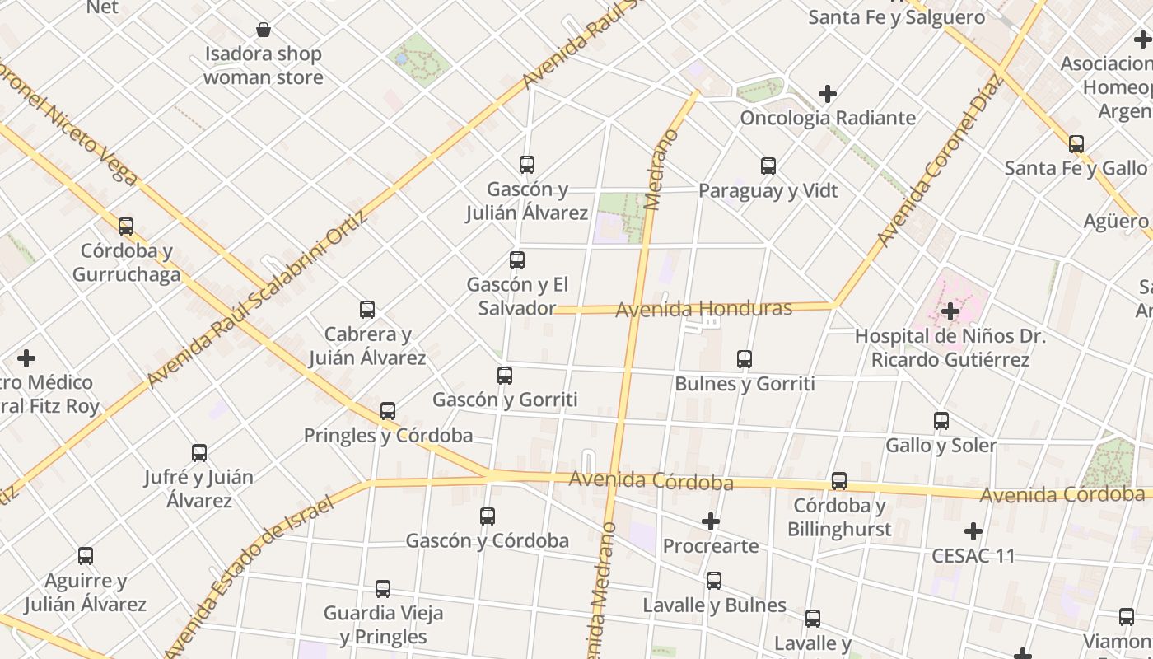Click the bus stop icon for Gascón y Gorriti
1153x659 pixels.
click(x=505, y=376)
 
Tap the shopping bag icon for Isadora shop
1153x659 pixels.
click(x=264, y=30)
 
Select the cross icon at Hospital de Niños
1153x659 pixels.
click(x=950, y=311)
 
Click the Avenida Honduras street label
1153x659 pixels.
click(x=703, y=309)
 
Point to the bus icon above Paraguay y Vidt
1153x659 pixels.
click(x=768, y=166)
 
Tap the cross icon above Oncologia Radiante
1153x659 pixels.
click(x=828, y=94)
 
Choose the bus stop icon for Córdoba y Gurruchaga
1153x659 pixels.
click(x=126, y=226)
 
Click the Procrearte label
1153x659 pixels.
click(x=711, y=546)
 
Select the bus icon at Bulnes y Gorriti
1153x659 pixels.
click(x=745, y=359)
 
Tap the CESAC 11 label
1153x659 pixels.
click(x=973, y=555)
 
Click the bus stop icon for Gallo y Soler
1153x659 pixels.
click(x=941, y=421)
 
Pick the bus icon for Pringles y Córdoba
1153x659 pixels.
click(x=388, y=411)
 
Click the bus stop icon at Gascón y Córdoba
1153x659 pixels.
click(x=488, y=516)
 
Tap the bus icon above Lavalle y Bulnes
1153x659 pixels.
click(x=714, y=581)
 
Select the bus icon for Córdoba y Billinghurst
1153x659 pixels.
click(x=839, y=480)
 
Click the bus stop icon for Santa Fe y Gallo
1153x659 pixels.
click(x=1076, y=144)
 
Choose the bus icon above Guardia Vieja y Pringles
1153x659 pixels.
click(x=383, y=589)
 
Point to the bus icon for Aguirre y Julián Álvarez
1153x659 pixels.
click(x=86, y=556)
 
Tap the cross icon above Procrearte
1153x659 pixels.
click(x=711, y=521)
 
